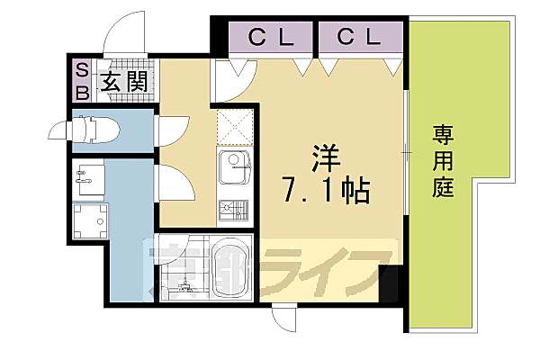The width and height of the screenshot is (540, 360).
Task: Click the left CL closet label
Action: pyautogui.click(x=269, y=38)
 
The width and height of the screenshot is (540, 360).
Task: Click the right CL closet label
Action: pyautogui.click(x=358, y=38)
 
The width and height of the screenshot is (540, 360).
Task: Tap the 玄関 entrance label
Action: pyautogui.click(x=124, y=83)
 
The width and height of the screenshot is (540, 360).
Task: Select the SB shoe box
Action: pyautogui.click(x=81, y=81)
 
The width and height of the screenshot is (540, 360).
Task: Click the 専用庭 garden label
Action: pyautogui.click(x=442, y=162)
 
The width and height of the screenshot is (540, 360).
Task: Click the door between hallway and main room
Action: pyautogui.click(x=232, y=81)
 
